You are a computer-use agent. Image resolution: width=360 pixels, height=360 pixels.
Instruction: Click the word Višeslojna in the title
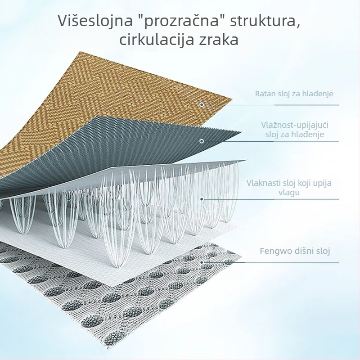pyautogui.click(x=95, y=21)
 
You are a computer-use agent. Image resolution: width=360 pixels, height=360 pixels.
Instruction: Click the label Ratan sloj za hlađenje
pyautogui.click(x=294, y=94)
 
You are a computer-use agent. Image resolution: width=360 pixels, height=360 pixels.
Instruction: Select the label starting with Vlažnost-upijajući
pyautogui.click(x=295, y=130)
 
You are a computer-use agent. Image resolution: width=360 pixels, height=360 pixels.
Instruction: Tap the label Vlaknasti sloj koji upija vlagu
pyautogui.click(x=289, y=187)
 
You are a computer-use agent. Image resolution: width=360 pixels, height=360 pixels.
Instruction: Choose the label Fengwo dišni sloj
pyautogui.click(x=295, y=251)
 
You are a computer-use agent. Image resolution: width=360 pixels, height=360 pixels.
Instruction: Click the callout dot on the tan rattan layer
pyautogui.click(x=202, y=105)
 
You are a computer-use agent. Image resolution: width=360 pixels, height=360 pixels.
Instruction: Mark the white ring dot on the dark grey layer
pyautogui.click(x=202, y=141)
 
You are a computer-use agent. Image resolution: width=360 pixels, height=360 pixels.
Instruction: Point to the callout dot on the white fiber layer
pyautogui.click(x=202, y=199)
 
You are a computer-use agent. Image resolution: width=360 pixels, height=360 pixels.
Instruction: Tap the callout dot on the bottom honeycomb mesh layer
pyautogui.click(x=202, y=262)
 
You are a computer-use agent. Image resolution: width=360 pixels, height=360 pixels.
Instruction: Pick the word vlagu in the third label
pyautogui.click(x=289, y=192)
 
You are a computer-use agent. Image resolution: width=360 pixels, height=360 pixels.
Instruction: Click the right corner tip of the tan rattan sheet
pyautogui.click(x=232, y=99)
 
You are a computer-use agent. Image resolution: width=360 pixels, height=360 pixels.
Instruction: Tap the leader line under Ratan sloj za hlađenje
pyautogui.click(x=271, y=105)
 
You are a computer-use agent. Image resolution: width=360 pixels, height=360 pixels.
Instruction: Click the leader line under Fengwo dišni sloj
pyautogui.click(x=271, y=262)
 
